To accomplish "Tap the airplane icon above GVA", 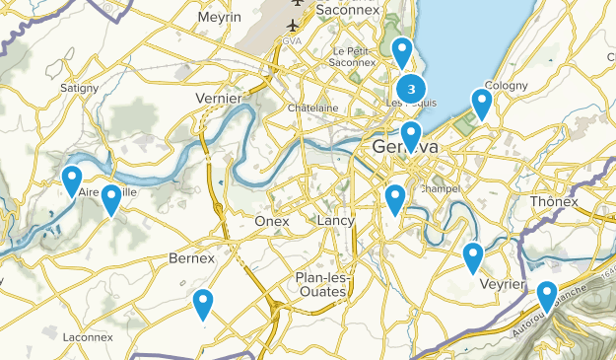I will pos(294,23).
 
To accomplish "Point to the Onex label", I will pos(272,221).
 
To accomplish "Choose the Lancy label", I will pos(335,221).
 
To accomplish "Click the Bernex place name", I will pos(192,258).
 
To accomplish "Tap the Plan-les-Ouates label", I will pos(321,284).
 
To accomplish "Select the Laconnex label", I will pos(90,337).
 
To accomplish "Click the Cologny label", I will pos(506,86).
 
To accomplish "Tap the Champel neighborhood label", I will pos(440,188).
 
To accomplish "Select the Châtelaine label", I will pos(313,108).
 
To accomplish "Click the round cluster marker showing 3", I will pos(410,84).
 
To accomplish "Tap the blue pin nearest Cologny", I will pos(482,102).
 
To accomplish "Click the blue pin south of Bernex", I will pos(203,303).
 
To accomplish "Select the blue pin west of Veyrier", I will pos(473,256).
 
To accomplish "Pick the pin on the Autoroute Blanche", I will pos(547,295).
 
